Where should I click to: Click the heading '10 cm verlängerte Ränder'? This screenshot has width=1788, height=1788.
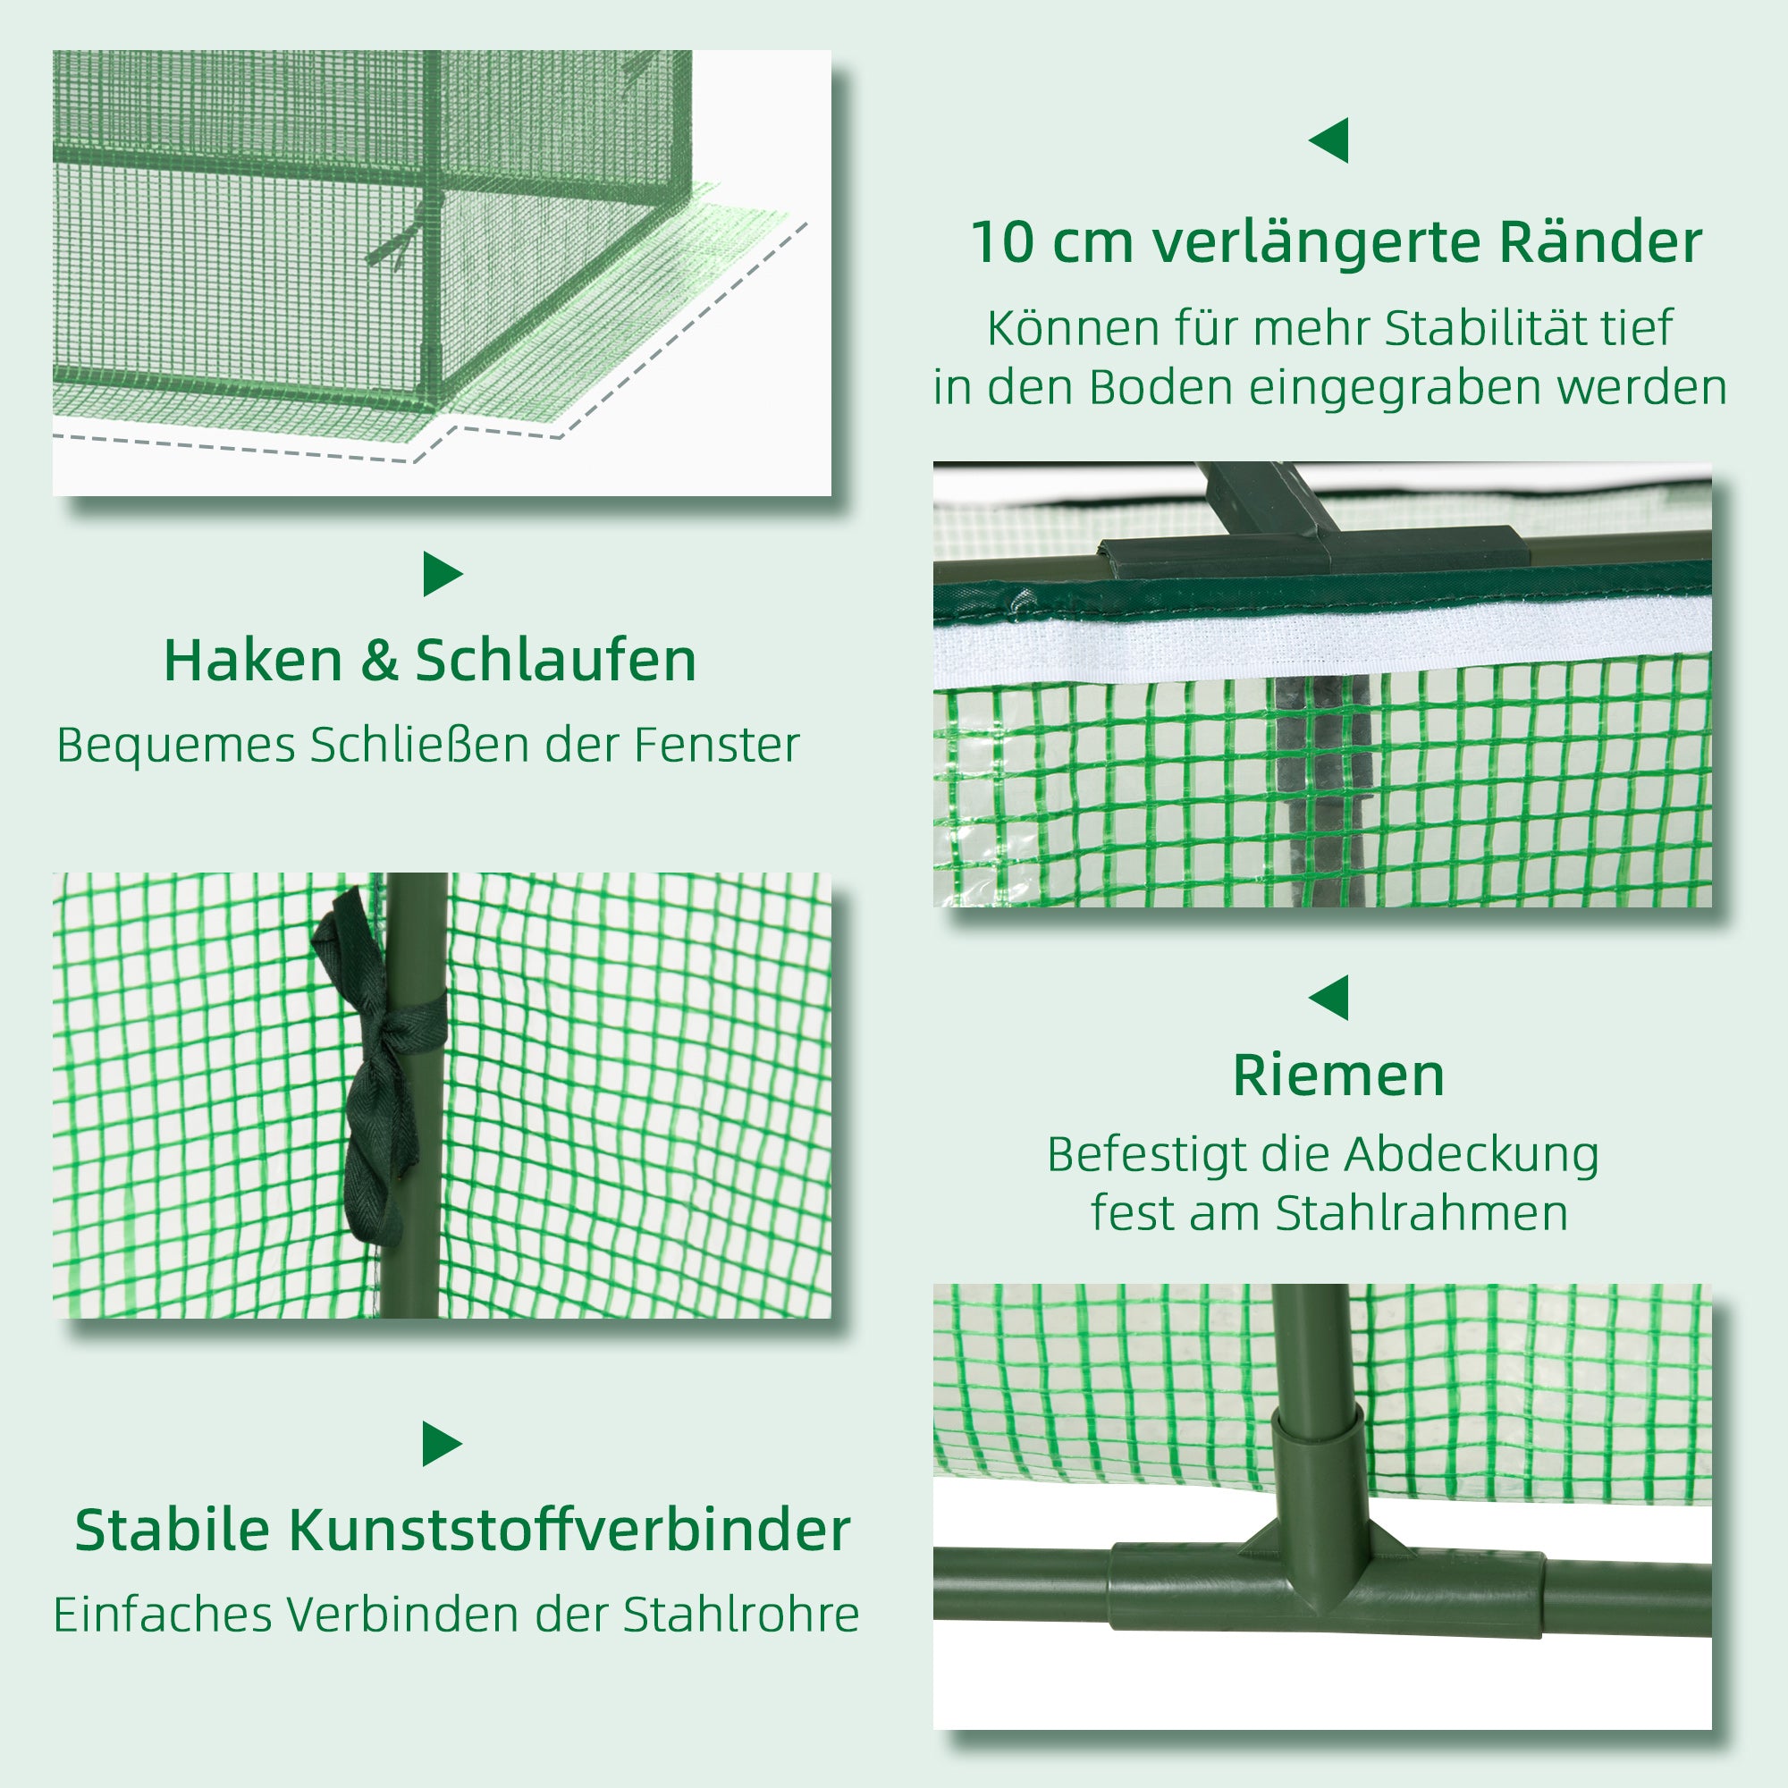click(x=1336, y=243)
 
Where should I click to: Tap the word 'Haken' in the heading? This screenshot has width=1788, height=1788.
click(x=253, y=661)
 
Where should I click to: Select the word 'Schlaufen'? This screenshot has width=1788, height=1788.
click(x=555, y=661)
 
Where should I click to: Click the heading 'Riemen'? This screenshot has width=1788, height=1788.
click(x=1338, y=1076)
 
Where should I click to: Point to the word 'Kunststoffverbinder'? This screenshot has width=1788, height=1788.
click(x=569, y=1531)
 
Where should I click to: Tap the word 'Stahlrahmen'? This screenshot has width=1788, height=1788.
click(x=1421, y=1213)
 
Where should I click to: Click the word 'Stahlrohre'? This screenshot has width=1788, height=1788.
click(x=740, y=1615)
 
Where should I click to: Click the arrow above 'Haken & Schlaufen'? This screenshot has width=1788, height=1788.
click(x=442, y=574)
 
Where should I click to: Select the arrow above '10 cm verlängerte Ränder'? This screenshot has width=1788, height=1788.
click(x=1330, y=140)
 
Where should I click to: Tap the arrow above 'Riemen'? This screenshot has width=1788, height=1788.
click(x=1330, y=998)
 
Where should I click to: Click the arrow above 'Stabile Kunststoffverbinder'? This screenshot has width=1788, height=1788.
click(x=442, y=1444)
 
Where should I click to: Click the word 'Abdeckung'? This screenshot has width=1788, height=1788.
click(x=1472, y=1155)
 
